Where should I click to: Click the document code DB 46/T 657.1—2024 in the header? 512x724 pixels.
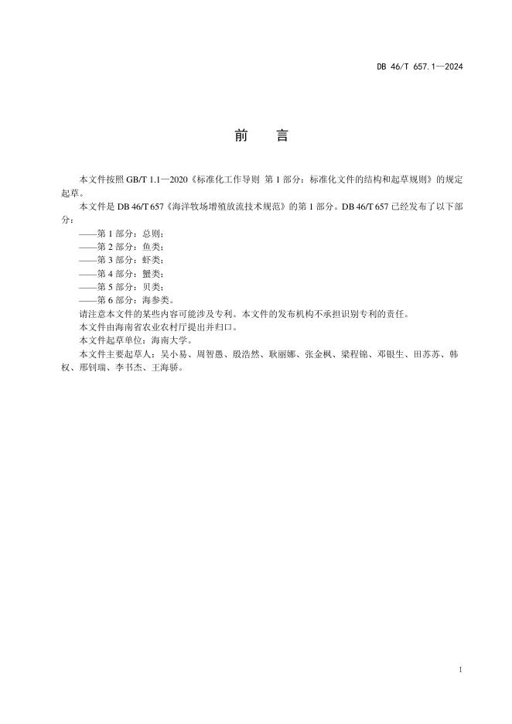click(x=419, y=67)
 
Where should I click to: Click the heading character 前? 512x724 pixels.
click(x=241, y=136)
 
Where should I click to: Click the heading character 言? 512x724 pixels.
click(x=282, y=136)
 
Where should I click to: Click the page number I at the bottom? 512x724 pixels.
click(x=460, y=668)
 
